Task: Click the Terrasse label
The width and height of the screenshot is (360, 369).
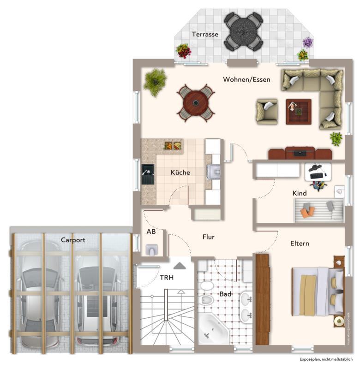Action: (205, 34)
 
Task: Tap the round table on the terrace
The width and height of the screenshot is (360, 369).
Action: (243, 31)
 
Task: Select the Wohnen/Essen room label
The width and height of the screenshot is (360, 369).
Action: (246, 79)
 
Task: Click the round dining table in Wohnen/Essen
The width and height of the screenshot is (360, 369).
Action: (196, 102)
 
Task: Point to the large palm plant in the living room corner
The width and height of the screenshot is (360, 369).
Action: (155, 82)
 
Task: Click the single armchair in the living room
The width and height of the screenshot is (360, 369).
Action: (267, 111)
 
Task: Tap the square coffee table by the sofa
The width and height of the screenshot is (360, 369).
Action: (298, 112)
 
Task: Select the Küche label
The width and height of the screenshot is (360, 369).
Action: (180, 172)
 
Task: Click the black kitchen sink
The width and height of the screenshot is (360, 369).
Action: (148, 174)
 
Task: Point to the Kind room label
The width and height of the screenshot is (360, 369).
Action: (300, 193)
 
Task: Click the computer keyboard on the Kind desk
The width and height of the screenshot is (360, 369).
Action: (318, 175)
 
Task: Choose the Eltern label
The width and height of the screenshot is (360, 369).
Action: (300, 243)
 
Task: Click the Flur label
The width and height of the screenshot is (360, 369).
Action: (209, 237)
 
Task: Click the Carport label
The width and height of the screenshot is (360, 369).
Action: (73, 240)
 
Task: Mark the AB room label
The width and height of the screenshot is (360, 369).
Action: (151, 232)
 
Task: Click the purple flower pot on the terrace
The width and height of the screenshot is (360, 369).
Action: (307, 43)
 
